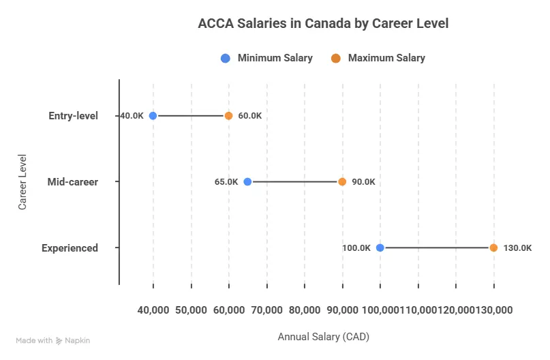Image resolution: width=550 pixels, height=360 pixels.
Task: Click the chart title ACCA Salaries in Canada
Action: tap(323, 23)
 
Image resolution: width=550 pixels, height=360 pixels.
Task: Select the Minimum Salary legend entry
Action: tap(267, 58)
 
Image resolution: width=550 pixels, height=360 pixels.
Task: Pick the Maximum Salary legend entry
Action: tap(378, 58)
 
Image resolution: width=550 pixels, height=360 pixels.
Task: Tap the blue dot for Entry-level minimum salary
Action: tap(153, 116)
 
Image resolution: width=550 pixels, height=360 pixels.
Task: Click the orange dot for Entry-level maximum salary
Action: tap(229, 116)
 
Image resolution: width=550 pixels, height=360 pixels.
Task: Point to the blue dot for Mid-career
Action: tap(247, 182)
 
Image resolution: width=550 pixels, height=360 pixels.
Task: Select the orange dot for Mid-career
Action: tap(342, 182)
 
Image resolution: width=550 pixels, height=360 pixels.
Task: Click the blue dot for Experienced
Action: tap(380, 248)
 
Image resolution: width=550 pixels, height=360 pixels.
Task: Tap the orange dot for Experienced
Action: tap(493, 248)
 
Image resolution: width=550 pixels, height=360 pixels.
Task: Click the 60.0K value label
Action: tap(250, 116)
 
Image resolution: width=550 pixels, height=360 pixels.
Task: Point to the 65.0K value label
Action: tap(226, 182)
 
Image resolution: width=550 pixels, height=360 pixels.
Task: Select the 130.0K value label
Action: tap(517, 248)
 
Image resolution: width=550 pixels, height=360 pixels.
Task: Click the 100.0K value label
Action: tap(356, 248)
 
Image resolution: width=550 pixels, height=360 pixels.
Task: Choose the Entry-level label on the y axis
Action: tap(74, 116)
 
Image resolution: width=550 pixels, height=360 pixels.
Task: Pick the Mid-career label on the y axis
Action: tap(73, 182)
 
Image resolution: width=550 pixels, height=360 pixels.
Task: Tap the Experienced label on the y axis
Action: tap(70, 248)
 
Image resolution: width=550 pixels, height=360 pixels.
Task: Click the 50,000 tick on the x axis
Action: tap(192, 310)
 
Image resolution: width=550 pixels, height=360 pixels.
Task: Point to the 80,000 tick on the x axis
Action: tap(305, 310)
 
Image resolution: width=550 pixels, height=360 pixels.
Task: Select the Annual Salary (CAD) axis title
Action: tap(323, 337)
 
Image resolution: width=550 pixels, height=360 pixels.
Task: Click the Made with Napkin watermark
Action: tap(52, 340)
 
